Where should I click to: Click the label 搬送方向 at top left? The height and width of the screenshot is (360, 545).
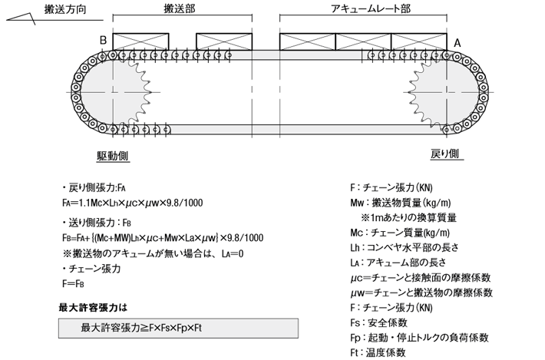(65, 9)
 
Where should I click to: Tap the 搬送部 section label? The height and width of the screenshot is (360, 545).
(180, 8)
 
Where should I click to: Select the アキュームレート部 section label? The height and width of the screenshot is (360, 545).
(371, 8)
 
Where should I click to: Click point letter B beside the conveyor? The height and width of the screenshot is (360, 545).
(103, 41)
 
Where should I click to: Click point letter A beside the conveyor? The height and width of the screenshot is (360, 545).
(457, 43)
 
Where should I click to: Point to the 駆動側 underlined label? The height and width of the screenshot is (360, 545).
(113, 156)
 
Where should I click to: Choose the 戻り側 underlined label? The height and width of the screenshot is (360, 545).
(445, 154)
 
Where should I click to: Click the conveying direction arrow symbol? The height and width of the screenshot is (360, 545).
(21, 18)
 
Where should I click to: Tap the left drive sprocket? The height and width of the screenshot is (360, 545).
(133, 92)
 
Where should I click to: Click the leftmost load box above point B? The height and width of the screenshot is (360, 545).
(140, 41)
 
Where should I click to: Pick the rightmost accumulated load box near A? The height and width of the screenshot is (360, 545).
(419, 41)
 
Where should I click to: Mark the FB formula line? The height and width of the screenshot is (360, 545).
(163, 238)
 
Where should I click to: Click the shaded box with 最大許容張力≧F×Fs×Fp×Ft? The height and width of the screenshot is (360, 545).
(178, 328)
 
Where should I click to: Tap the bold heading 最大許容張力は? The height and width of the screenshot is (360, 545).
(93, 308)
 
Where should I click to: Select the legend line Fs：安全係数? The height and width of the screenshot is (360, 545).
(378, 323)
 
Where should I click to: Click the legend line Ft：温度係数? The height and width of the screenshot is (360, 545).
(378, 352)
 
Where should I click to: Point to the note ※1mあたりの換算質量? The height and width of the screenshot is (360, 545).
(408, 218)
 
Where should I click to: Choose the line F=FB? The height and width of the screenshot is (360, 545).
(73, 284)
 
